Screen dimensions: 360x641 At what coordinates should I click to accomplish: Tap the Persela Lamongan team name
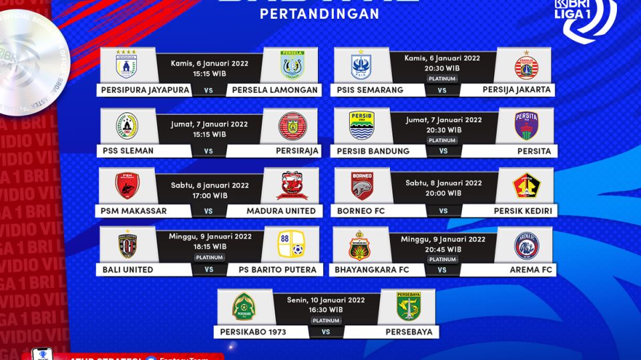(x=274, y=90)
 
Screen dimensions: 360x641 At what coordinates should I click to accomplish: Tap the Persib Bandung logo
(x=361, y=126)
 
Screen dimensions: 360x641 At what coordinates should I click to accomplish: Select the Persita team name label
(x=534, y=151)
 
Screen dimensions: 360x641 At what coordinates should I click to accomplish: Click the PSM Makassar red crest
(x=127, y=186)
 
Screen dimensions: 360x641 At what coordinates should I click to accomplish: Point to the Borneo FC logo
(x=361, y=186)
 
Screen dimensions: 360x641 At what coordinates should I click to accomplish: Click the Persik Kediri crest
(x=526, y=186)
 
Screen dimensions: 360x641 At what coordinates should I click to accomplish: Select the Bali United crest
(x=127, y=245)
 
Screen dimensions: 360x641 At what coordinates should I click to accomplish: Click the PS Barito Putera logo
(x=291, y=245)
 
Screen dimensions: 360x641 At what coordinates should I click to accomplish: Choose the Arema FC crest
(x=526, y=246)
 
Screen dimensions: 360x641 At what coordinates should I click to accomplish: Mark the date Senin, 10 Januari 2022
(x=327, y=300)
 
